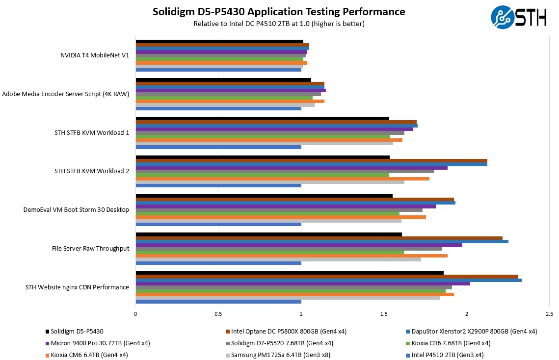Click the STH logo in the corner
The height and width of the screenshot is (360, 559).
click(x=518, y=18)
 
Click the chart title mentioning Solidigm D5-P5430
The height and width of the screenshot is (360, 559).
click(x=279, y=12)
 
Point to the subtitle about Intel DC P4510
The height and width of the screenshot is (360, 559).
click(x=279, y=24)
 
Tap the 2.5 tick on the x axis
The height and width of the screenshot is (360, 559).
click(x=549, y=314)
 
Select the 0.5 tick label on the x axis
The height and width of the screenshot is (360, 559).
click(x=218, y=314)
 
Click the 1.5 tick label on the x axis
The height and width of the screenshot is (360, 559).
click(x=384, y=314)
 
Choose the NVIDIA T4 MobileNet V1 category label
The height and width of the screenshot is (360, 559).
click(x=94, y=55)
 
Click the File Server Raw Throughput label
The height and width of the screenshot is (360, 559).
click(x=90, y=249)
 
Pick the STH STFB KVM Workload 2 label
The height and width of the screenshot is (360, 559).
click(x=92, y=171)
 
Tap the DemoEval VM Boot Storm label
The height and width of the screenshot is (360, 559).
click(x=76, y=210)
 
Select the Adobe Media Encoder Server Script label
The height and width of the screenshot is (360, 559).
click(x=66, y=94)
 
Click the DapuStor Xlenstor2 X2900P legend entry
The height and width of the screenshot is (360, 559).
click(x=464, y=332)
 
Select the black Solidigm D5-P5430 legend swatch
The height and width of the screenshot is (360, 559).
click(x=47, y=332)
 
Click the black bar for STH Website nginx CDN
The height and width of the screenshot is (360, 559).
click(x=290, y=273)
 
